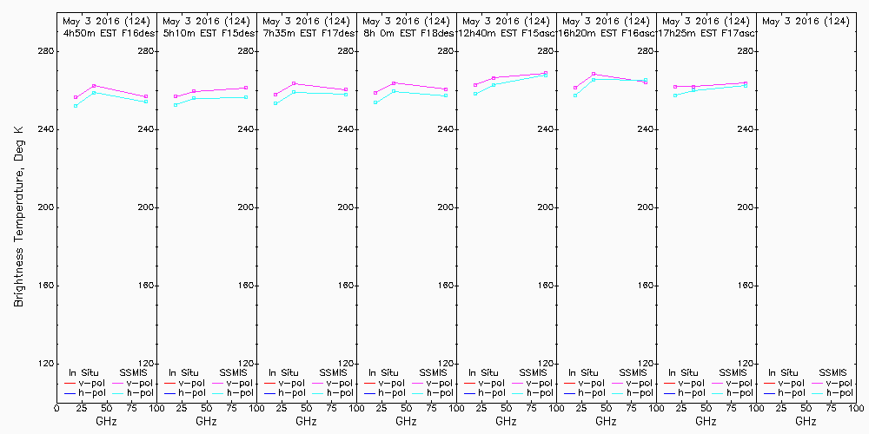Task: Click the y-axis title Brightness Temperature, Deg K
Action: [x=18, y=216]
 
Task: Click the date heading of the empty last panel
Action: [x=806, y=21]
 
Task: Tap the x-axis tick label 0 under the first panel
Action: [x=56, y=406]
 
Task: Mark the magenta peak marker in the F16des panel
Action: [x=94, y=86]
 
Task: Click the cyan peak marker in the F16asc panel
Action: [x=594, y=79]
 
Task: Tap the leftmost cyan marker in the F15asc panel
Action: [x=475, y=93]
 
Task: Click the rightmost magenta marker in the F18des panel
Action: [x=446, y=89]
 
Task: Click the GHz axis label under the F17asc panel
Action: [x=706, y=421]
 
